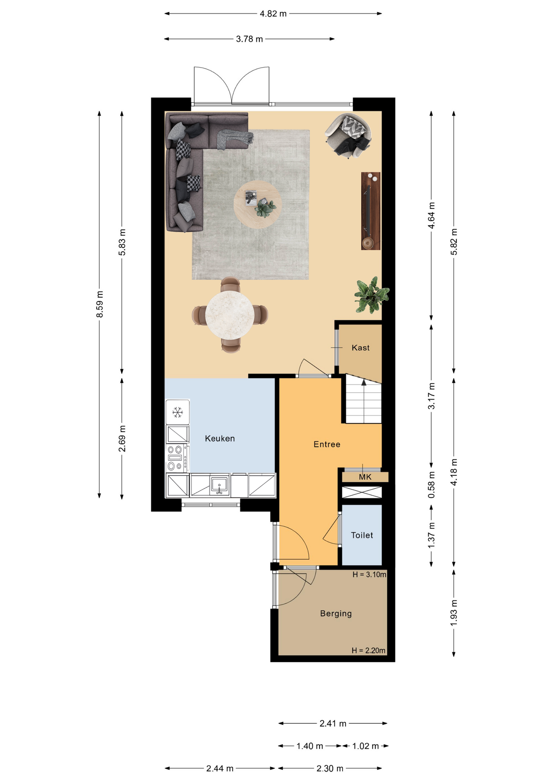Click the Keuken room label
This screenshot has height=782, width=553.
point(220,439)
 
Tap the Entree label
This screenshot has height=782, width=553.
point(327,444)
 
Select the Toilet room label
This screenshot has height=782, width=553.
point(362,535)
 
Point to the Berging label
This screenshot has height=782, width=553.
point(336,614)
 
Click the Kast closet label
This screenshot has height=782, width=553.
point(361,348)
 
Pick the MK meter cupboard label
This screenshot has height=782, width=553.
point(365,477)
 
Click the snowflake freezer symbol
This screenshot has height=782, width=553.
point(178,412)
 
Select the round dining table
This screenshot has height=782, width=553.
point(230,315)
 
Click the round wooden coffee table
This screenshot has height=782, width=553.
point(257,204)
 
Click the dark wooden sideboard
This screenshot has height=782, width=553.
point(371,211)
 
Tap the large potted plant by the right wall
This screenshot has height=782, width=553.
point(371,295)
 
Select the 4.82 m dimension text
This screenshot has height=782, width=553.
point(273,14)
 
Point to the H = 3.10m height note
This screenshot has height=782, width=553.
point(369,575)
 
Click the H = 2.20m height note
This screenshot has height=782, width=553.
point(369,650)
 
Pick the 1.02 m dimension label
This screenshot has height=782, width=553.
point(365,746)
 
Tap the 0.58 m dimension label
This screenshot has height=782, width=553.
point(432,485)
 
